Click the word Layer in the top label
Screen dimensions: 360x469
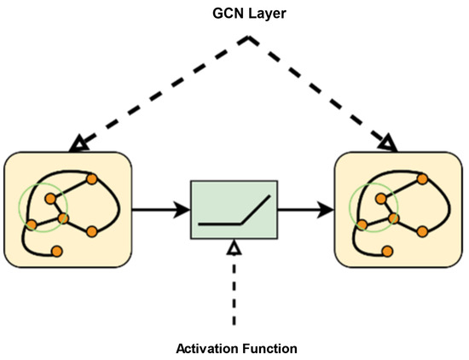pyautogui.click(x=261, y=15)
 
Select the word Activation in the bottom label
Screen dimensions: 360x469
pyautogui.click(x=205, y=348)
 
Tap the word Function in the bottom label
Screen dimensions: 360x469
pyautogui.click(x=269, y=348)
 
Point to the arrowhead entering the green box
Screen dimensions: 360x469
pyautogui.click(x=183, y=209)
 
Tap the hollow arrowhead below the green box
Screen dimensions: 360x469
pyautogui.click(x=234, y=247)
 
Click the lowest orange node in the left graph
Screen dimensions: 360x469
pyautogui.click(x=57, y=251)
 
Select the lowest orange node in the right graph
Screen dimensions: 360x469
pyautogui.click(x=389, y=251)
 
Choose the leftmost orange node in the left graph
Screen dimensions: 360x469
pyautogui.click(x=32, y=225)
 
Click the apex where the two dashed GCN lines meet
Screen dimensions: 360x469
pyautogui.click(x=249, y=38)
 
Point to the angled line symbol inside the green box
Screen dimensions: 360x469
pyautogui.click(x=234, y=213)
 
